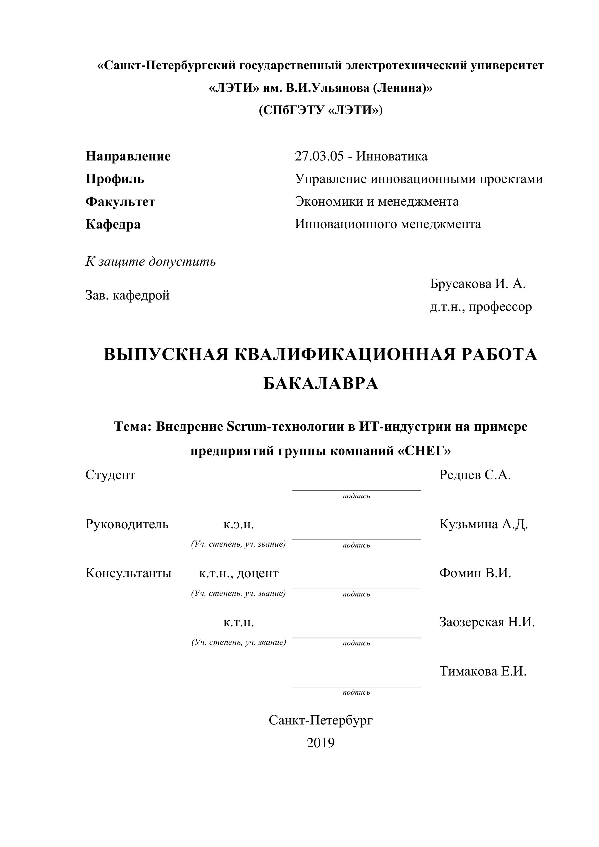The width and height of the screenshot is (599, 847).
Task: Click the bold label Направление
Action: (128, 156)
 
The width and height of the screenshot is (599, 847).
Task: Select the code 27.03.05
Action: (319, 156)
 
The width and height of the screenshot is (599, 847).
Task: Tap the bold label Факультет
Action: (120, 202)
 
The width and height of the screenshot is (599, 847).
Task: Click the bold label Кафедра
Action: (113, 224)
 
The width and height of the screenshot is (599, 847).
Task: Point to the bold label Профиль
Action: (115, 179)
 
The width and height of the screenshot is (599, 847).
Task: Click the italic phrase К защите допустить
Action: (151, 262)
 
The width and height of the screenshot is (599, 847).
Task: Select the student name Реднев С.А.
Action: (475, 475)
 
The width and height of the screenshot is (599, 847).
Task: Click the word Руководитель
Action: (127, 524)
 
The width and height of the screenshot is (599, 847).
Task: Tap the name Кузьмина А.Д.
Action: (483, 524)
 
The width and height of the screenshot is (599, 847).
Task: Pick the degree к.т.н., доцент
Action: (239, 573)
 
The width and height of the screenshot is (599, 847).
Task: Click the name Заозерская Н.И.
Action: (487, 622)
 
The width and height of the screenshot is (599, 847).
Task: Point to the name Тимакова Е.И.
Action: (483, 671)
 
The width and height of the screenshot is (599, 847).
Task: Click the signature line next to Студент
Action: (356, 490)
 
